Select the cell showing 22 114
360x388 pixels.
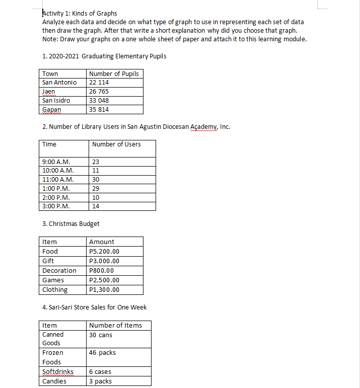[x=99, y=83]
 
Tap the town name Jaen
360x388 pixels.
[x=49, y=92]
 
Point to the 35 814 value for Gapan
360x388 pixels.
[x=99, y=110]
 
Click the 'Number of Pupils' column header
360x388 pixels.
[x=114, y=74]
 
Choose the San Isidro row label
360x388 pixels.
[x=56, y=101]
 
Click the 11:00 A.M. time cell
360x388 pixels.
[x=58, y=180]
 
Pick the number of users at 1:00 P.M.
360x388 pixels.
[x=96, y=188]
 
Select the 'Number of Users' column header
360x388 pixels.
[x=116, y=144]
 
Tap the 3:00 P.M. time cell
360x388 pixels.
[x=56, y=206]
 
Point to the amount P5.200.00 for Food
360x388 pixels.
[x=104, y=252]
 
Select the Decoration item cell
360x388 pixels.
[x=59, y=271]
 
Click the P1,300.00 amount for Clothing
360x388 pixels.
[x=104, y=290]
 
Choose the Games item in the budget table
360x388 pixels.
[x=53, y=280]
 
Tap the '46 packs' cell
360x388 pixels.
[x=102, y=353]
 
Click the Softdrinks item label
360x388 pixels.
[x=58, y=372]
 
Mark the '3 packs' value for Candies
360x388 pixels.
[x=100, y=381]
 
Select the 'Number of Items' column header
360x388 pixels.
[x=115, y=326]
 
